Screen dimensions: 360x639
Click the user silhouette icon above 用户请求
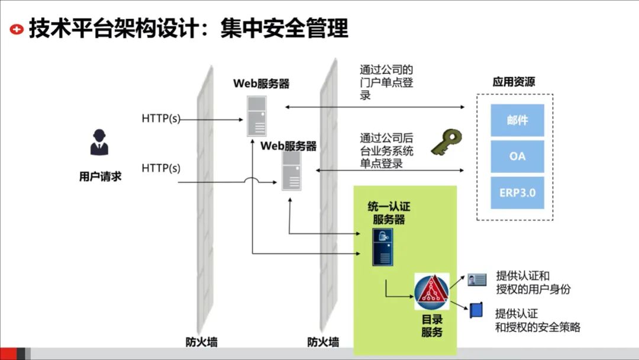99,142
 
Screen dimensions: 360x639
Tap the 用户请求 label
100,176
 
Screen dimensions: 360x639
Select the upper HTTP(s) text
161,118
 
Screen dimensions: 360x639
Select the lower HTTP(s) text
161,168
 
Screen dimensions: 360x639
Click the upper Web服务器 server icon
257,116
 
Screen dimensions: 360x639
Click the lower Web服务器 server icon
291,171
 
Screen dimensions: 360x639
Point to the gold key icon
446,143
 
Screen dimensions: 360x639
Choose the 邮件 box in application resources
517,120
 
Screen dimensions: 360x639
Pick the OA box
517,156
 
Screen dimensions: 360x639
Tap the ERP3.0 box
517,192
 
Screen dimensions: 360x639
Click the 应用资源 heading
514,82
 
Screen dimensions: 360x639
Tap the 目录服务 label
432,326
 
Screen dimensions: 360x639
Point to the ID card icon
477,279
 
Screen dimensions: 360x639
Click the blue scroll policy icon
476,311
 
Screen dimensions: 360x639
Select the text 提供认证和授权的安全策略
537,320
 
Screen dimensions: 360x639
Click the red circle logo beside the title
18,28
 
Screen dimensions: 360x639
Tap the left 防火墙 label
201,342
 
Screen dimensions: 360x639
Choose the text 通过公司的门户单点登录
386,82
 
